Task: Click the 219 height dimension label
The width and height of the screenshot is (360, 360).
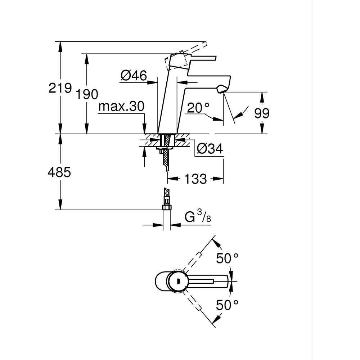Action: click(60, 88)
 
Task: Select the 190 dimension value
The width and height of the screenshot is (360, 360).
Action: click(87, 94)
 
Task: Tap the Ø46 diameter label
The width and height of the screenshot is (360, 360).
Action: click(134, 76)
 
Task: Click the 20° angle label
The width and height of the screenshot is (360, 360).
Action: click(198, 107)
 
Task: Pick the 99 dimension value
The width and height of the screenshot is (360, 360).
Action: click(262, 113)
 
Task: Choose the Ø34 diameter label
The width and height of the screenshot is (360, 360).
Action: click(210, 148)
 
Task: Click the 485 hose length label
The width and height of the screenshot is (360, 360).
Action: click(59, 172)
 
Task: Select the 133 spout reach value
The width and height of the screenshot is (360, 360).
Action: click(196, 179)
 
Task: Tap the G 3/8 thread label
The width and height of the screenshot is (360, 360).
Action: click(197, 217)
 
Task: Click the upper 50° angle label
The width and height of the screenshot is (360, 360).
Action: click(227, 258)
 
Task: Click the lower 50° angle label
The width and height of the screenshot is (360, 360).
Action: click(227, 305)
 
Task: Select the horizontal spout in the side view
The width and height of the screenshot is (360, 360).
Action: click(209, 80)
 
